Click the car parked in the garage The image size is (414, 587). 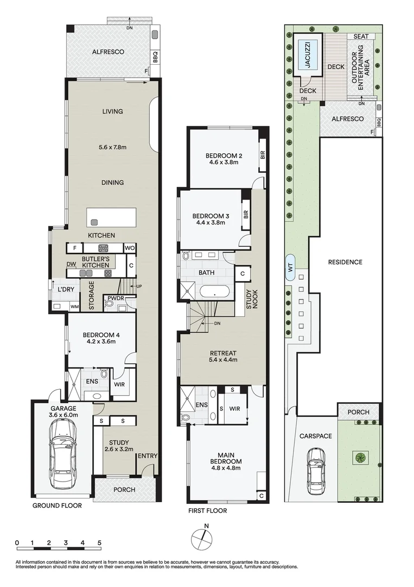point(64,453)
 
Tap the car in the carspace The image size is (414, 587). point(316,472)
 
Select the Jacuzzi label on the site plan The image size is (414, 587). point(308,55)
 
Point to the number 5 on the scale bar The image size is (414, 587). point(99,542)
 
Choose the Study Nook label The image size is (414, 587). point(251,299)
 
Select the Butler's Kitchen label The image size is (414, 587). point(95,261)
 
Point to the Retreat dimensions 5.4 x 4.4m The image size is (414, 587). point(223,360)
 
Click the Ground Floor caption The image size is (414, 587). point(57,505)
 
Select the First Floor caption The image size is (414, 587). point(207,510)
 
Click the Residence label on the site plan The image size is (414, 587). point(345,262)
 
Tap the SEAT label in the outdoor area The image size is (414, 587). point(361,36)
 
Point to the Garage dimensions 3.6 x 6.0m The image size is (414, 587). point(63,415)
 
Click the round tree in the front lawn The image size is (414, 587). point(361,458)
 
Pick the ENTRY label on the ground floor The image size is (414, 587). point(148,455)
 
